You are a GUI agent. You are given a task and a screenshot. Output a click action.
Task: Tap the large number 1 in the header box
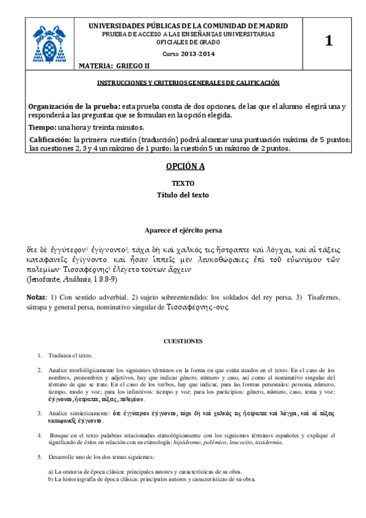329,42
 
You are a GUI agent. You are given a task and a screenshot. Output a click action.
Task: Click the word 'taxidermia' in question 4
268,442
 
